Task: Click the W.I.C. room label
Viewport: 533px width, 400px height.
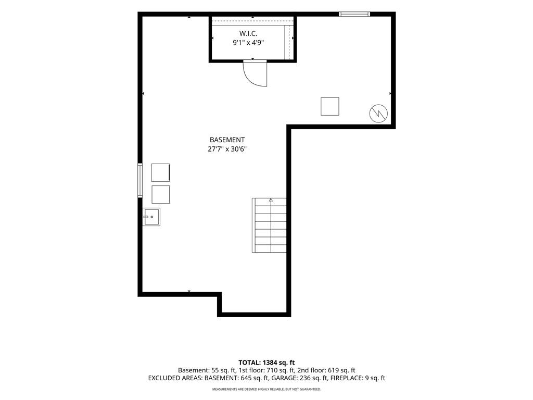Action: [x=248, y=33]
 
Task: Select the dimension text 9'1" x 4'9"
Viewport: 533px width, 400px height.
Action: [x=248, y=43]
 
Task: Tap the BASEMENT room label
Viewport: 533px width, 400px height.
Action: [x=227, y=140]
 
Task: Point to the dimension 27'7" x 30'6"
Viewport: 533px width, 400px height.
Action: [x=227, y=149]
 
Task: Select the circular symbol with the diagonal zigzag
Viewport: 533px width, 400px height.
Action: [x=378, y=113]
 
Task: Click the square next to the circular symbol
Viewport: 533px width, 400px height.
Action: [x=329, y=106]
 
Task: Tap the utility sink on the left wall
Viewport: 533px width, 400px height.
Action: [x=151, y=217]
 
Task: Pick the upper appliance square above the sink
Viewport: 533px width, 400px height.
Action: [x=160, y=172]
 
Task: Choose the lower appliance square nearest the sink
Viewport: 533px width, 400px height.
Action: [x=161, y=195]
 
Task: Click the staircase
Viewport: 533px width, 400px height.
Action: [x=269, y=225]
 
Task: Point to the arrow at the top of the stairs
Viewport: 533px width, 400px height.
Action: [x=271, y=200]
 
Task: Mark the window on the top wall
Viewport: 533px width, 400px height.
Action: [x=354, y=14]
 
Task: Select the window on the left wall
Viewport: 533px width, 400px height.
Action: [x=139, y=180]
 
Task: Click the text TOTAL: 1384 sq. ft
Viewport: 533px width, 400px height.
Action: [x=266, y=362]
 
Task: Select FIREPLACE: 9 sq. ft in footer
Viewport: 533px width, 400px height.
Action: [x=358, y=378]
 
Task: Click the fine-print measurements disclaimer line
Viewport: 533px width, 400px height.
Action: [x=266, y=389]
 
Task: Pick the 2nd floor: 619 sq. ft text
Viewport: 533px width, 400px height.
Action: [x=326, y=370]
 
